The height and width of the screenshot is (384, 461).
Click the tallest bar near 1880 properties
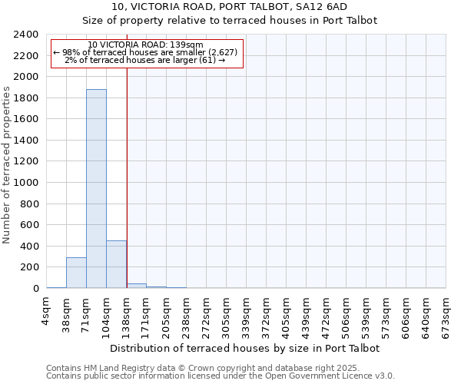(x=96, y=188)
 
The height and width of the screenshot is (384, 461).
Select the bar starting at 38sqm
(x=76, y=273)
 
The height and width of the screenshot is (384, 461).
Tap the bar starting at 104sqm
(x=116, y=264)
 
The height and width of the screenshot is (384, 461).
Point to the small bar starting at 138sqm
(x=136, y=286)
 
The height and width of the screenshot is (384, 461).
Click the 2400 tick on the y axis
(x=27, y=35)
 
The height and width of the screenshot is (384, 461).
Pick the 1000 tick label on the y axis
(x=27, y=183)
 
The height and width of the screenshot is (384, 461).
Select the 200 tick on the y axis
(x=30, y=267)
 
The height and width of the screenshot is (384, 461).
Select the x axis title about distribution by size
(x=246, y=348)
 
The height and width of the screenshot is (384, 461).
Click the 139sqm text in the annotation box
(x=188, y=45)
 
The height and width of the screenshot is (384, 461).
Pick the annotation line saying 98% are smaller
(x=146, y=52)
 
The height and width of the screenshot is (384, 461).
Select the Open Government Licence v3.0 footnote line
(x=221, y=376)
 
